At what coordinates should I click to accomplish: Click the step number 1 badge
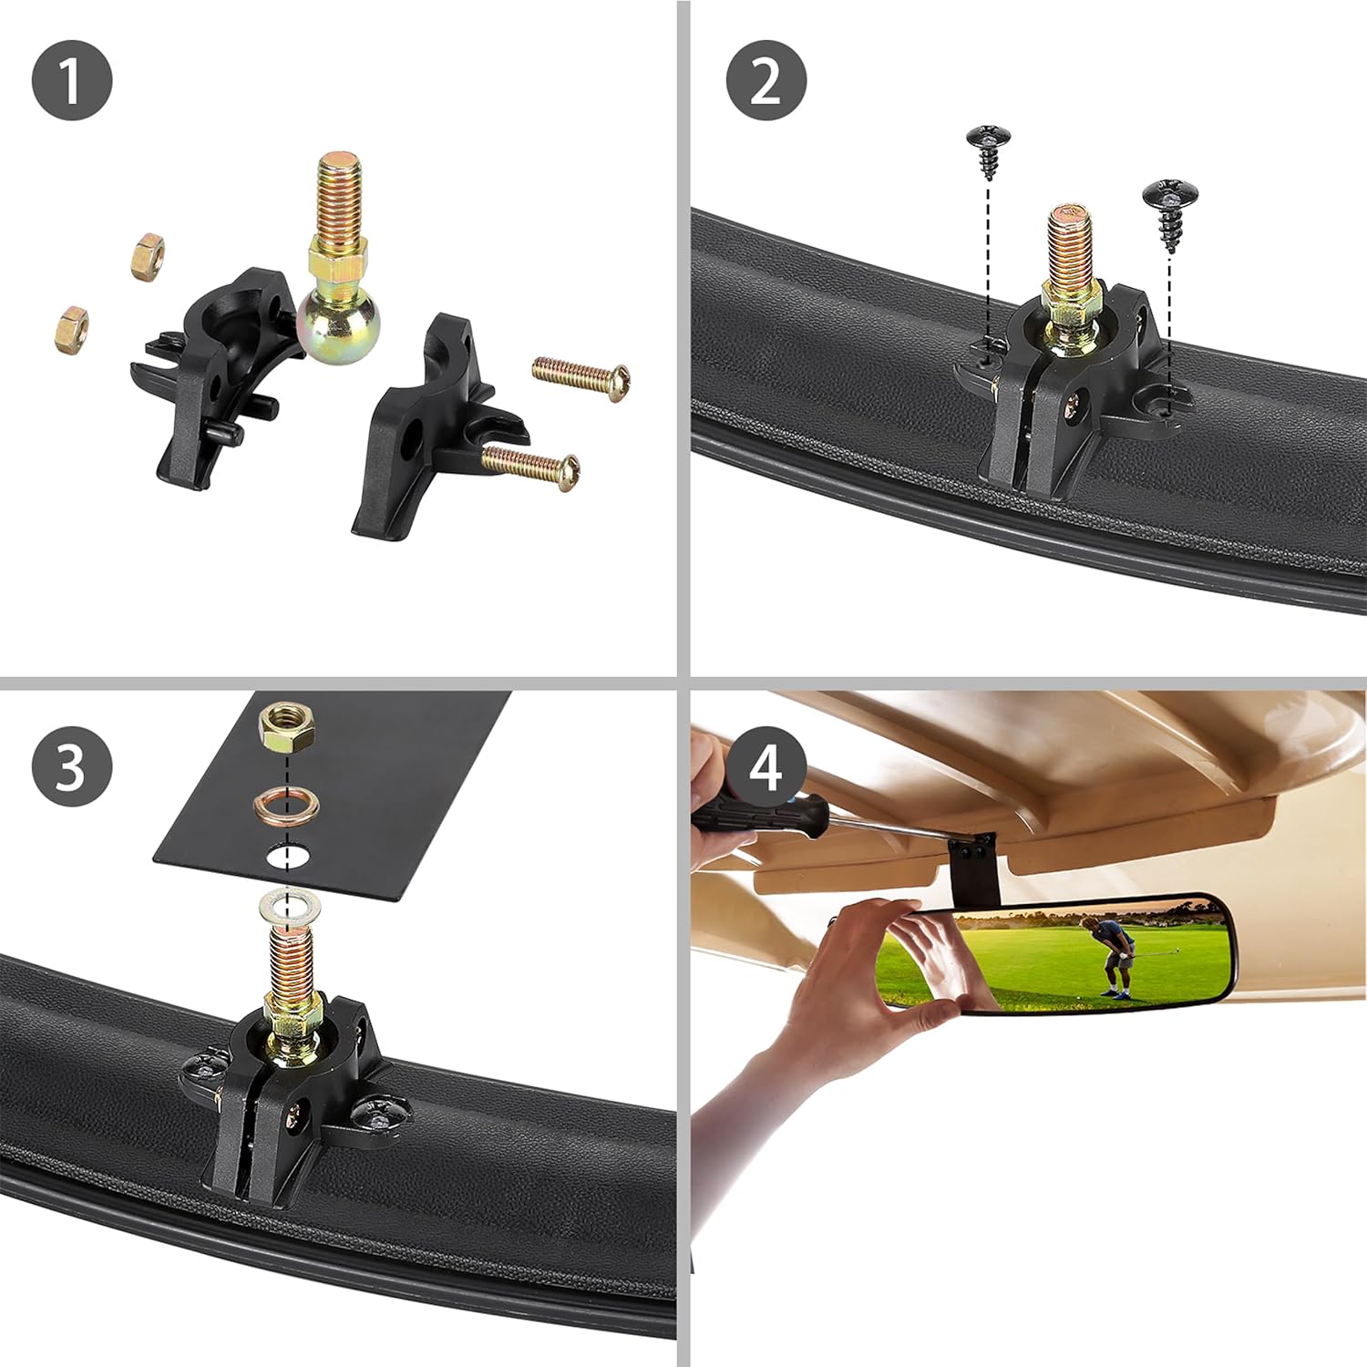point(72,79)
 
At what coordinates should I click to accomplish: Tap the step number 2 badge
point(766,79)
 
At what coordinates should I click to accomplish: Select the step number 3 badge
point(72,766)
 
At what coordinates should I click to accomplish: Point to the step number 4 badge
point(766,766)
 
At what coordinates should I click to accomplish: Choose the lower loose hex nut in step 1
point(71,328)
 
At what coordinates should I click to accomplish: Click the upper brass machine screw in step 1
point(581,375)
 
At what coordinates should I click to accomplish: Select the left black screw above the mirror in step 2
point(988,150)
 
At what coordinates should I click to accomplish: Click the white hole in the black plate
point(287,856)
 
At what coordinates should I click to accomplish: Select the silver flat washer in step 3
point(291,906)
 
